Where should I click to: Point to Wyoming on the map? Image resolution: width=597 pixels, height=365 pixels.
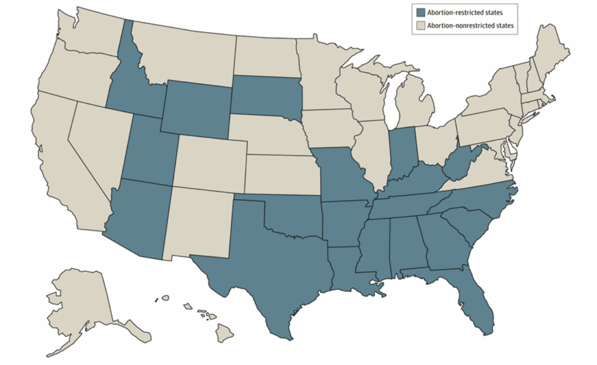click(x=197, y=107)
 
